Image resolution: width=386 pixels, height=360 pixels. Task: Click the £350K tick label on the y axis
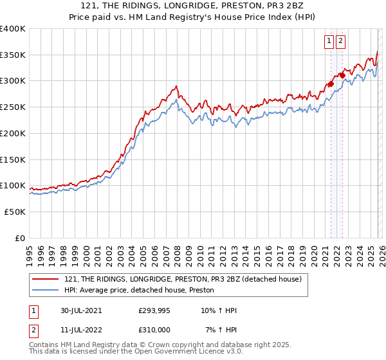point(12,55)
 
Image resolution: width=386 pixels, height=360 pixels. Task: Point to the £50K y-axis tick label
point(14,212)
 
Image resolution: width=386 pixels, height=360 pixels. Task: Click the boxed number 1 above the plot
point(329,41)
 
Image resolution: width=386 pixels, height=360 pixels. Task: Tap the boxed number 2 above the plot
point(340,41)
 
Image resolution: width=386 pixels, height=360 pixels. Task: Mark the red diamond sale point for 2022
point(342,75)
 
